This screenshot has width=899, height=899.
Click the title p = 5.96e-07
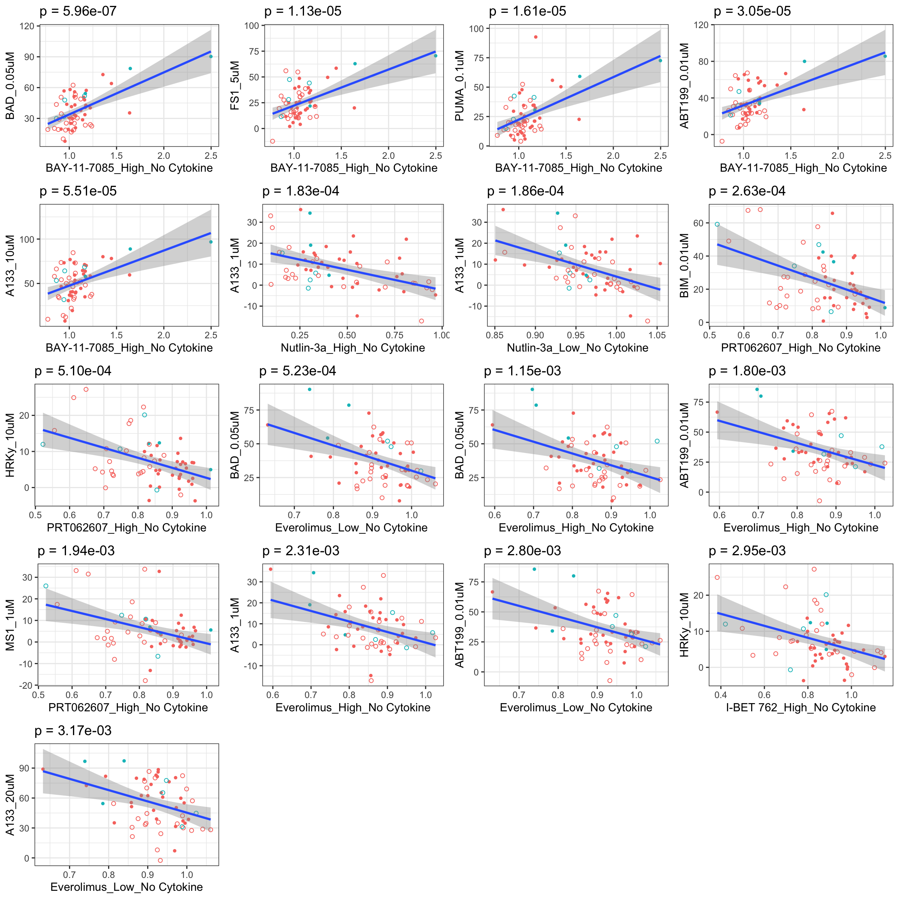click(78, 12)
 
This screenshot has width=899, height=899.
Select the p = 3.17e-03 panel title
click(73, 731)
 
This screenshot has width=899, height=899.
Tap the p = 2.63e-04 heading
click(747, 191)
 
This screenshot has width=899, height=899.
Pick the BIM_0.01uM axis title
click(684, 266)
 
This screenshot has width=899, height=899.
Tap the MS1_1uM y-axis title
click(10, 625)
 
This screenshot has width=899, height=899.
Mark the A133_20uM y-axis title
click(10, 805)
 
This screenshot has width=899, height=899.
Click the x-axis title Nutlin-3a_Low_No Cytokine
click(577, 348)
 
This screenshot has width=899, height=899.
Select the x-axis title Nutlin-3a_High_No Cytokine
click(353, 348)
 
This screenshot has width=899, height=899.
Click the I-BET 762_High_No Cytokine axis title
click(801, 708)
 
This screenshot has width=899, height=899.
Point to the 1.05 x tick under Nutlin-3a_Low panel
click(657, 335)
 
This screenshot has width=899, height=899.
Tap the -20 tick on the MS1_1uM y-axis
click(26, 686)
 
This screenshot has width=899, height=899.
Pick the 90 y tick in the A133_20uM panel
click(24, 768)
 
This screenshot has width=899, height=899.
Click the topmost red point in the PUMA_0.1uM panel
click(536, 37)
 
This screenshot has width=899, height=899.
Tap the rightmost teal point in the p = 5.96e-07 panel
click(211, 57)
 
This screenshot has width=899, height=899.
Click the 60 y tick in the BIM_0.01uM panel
click(698, 223)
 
